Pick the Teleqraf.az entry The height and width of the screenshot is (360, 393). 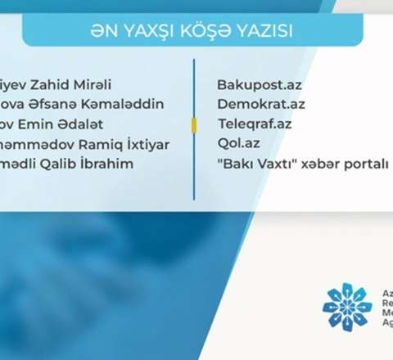click(x=254, y=124)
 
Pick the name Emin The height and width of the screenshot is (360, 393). click(x=46, y=125)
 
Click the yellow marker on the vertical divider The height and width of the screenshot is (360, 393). click(x=194, y=124)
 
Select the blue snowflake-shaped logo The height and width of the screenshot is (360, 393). click(x=346, y=307)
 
